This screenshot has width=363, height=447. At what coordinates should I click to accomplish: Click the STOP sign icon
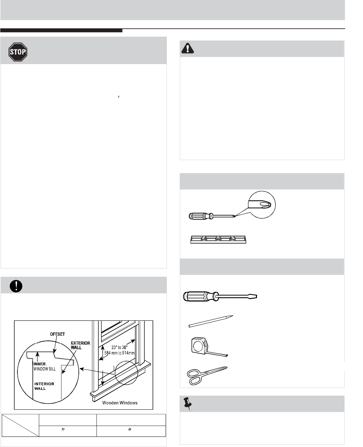point(18,52)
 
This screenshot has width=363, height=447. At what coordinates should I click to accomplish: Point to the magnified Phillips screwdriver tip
point(261,205)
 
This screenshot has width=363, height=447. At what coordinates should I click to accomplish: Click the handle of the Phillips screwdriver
point(199,216)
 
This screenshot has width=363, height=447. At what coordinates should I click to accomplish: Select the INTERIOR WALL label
point(44,386)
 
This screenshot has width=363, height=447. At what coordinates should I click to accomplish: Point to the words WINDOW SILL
point(45,369)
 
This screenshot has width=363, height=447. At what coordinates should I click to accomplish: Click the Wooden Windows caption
point(120,403)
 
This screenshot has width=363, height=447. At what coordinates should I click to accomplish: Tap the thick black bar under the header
point(61,31)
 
